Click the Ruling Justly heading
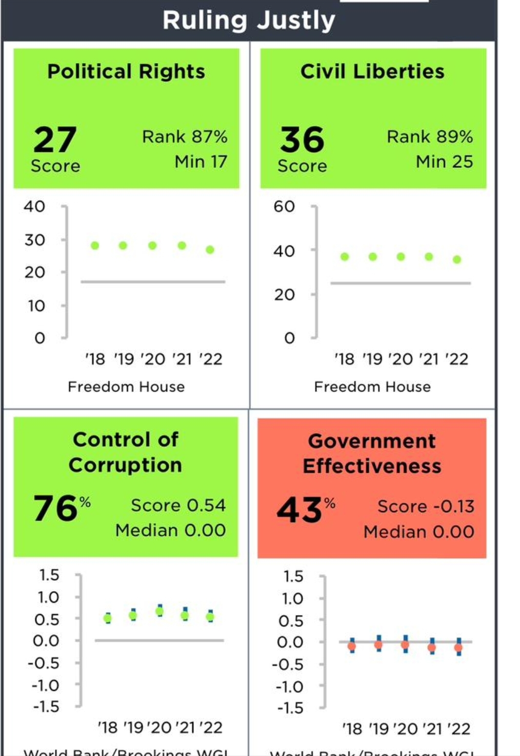249,21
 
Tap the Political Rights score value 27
55,140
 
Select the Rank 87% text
185,137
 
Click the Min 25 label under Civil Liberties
444,162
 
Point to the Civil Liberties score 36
302,140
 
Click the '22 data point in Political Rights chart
210,250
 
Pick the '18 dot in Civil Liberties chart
345,257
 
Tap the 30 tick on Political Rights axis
35,240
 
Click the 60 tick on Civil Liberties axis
284,206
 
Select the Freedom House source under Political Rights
126,387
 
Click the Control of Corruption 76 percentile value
56,509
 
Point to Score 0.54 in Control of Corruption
178,506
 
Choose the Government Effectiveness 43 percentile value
300,511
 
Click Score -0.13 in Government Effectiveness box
426,507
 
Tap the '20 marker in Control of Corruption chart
159,611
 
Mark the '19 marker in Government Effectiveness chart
378,645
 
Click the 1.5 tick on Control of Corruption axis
49,575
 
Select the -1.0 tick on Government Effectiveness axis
290,687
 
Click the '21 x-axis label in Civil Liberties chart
429,359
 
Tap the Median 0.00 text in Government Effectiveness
419,532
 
